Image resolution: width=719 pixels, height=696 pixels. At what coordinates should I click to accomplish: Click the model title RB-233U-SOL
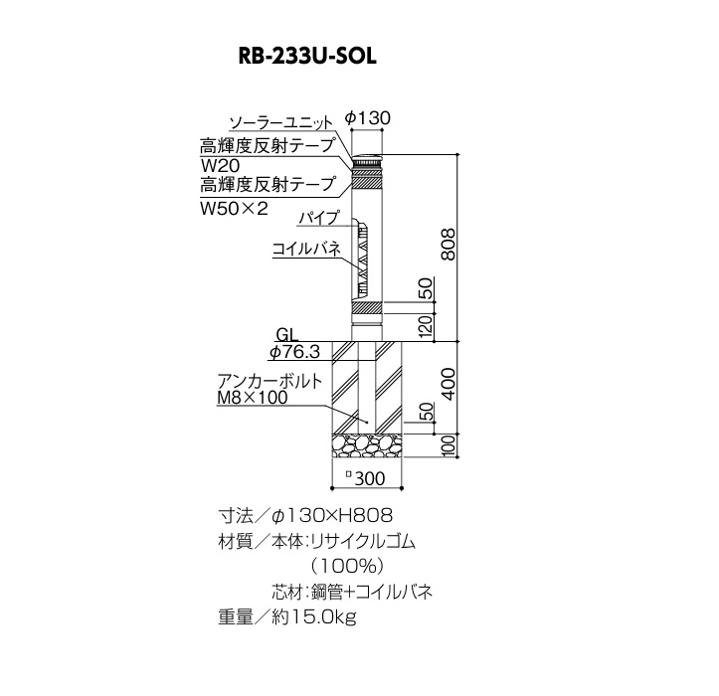coord(307,57)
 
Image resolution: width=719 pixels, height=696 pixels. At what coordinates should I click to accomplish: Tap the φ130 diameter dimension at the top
coord(367,118)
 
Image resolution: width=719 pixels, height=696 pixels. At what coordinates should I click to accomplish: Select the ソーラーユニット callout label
coord(281,123)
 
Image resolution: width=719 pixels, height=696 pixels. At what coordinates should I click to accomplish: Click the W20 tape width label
coord(220,165)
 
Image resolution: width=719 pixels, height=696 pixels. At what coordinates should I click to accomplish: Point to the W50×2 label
coord(234,209)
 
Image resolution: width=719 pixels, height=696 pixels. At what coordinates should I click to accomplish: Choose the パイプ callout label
coord(319,217)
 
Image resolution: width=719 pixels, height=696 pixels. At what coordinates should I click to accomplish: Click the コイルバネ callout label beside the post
coord(306,249)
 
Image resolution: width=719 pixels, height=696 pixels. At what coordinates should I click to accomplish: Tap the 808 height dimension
coord(448,245)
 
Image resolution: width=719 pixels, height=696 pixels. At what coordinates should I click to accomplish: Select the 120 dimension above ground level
coord(426,327)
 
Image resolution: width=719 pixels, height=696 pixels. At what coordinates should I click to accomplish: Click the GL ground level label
coord(287,335)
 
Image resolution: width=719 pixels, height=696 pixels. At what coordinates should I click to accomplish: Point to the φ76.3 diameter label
coord(294,352)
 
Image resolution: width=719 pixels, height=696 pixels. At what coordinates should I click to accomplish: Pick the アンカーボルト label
coord(270,382)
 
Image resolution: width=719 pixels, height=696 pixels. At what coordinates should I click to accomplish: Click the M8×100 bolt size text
coord(253,398)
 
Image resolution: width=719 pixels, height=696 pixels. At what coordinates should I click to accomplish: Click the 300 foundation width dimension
coord(365,478)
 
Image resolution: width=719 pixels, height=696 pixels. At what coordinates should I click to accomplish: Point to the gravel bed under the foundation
coord(366,445)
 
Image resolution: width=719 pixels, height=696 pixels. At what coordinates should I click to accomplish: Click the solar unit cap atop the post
coord(367,161)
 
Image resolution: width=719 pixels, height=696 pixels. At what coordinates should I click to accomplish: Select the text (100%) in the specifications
coord(347,567)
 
